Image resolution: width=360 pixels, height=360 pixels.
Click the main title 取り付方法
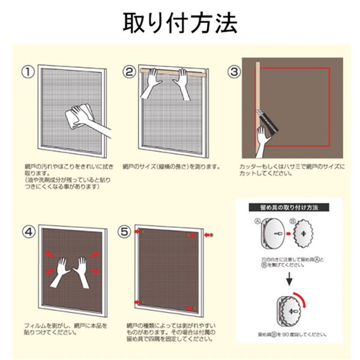180,22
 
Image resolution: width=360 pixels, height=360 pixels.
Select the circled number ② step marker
129,72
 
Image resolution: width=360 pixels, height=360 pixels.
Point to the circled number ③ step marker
233,72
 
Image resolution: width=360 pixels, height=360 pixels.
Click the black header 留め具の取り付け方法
288,208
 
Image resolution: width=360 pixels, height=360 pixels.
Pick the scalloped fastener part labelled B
310,236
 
